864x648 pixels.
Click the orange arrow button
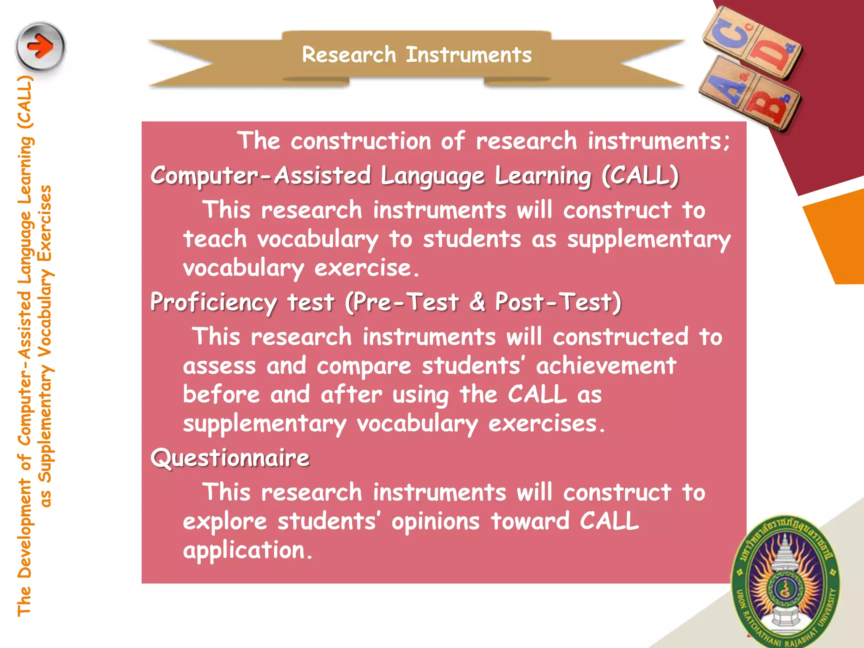pyautogui.click(x=40, y=46)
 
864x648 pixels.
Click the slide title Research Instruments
pyautogui.click(x=417, y=55)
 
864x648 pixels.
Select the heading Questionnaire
pyautogui.click(x=230, y=458)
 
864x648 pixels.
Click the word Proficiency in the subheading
pyautogui.click(x=213, y=303)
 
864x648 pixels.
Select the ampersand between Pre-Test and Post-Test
pyautogui.click(x=477, y=302)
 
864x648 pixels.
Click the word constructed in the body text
pyautogui.click(x=621, y=337)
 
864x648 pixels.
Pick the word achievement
pyautogui.click(x=606, y=366)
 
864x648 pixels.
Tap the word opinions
pyautogui.click(x=435, y=522)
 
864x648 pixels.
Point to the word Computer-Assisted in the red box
pyautogui.click(x=261, y=176)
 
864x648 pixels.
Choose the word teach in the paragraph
pyautogui.click(x=215, y=239)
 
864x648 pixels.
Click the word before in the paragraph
pyautogui.click(x=221, y=395)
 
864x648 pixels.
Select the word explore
pyautogui.click(x=225, y=522)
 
